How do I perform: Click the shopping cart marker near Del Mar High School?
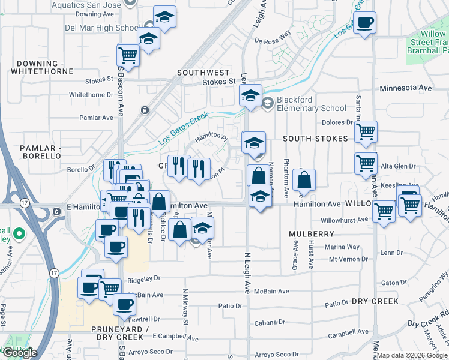coord(128,55)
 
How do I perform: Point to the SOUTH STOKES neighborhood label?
coord(315,139)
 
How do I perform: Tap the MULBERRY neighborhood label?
coord(310,233)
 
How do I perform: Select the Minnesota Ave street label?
coord(406,88)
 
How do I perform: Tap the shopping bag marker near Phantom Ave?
coord(305,180)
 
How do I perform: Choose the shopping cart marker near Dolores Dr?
coord(366,131)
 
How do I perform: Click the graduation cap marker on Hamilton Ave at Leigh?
coord(259,197)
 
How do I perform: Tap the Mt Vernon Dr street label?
coord(347,259)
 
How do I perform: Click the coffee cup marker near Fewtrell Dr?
coord(124,304)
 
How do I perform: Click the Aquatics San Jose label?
coord(90,4)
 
